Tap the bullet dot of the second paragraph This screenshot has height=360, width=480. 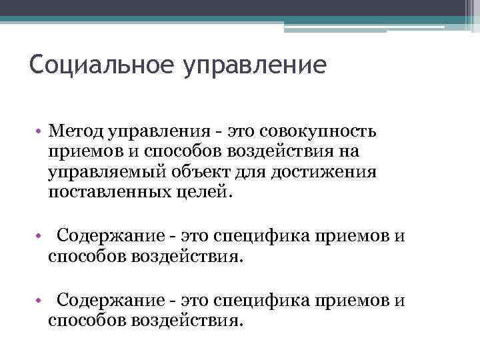pos(41,236)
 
